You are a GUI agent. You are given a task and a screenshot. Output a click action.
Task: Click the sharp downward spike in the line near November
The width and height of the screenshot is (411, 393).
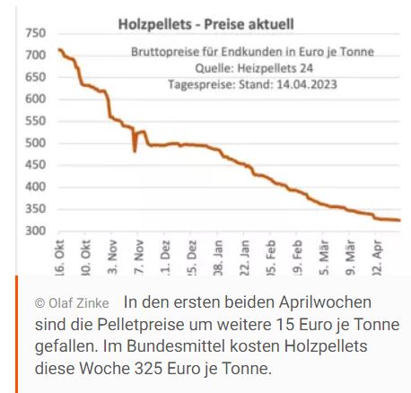[135, 150]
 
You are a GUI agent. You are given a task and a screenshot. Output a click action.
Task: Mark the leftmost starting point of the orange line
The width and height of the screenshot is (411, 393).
[58, 49]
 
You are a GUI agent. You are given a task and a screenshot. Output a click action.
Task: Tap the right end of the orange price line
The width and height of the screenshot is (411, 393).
[399, 221]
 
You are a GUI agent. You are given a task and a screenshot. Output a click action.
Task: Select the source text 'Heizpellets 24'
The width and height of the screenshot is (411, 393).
[293, 68]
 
